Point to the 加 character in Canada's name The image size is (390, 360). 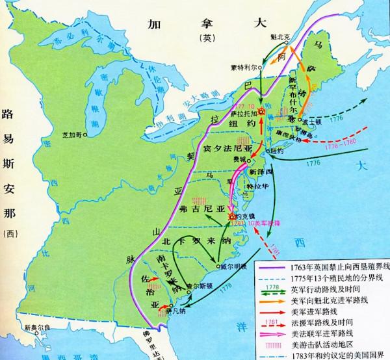coord(154,25)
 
